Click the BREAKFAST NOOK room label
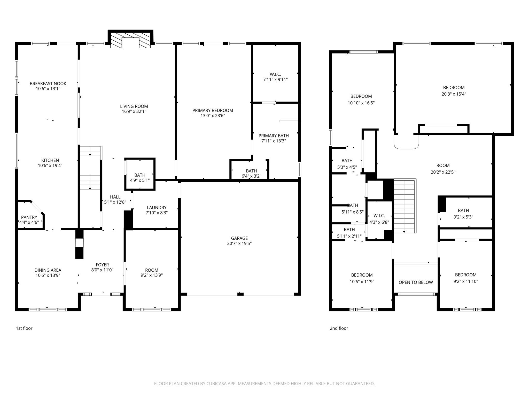tap(48, 83)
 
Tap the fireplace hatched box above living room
tap(130, 40)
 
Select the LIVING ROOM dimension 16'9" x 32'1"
tap(134, 111)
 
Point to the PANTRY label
tap(29, 217)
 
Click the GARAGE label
tap(239, 238)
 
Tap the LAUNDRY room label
tap(157, 208)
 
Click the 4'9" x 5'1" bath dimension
tap(140, 180)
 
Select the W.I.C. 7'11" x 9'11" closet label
tap(275, 77)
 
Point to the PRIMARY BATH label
tap(274, 136)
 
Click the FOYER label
tap(102, 265)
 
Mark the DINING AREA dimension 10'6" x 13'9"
tap(48, 275)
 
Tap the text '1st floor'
tap(24, 328)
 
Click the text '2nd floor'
tap(339, 328)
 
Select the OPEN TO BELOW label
tap(416, 282)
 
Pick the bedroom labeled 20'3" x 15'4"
tap(454, 91)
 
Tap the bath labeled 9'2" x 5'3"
tap(463, 214)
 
